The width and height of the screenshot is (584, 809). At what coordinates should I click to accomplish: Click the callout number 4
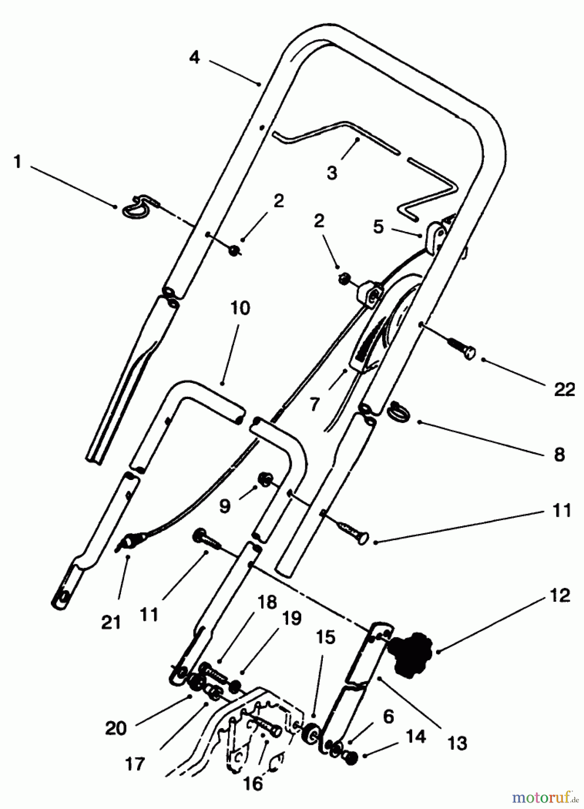(194, 58)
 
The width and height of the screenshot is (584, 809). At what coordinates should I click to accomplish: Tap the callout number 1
(18, 162)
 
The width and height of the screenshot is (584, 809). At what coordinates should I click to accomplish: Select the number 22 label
(565, 389)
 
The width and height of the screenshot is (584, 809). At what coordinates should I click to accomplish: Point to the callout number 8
(559, 454)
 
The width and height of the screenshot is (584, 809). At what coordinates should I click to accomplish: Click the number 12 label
(560, 595)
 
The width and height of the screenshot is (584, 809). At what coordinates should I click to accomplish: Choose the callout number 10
(241, 308)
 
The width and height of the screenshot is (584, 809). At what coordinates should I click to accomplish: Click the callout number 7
(314, 404)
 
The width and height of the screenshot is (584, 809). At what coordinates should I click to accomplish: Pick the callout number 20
(116, 728)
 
